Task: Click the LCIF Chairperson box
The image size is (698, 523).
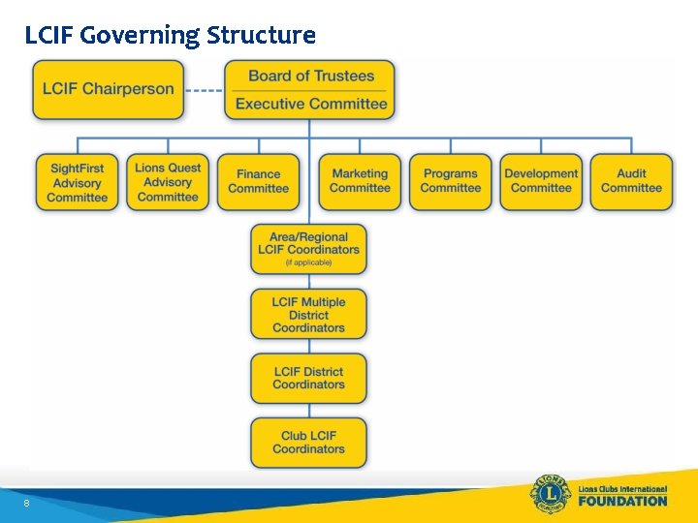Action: coord(108,89)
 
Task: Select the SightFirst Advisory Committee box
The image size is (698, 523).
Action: coord(77,182)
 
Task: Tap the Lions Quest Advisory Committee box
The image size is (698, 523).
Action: coord(168,182)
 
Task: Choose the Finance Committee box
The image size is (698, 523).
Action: coord(258,182)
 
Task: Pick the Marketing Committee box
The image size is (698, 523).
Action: coord(360,182)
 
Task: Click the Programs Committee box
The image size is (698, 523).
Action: coord(450,182)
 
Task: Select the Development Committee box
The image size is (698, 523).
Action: coord(541,182)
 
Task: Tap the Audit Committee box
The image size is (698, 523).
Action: coord(631,182)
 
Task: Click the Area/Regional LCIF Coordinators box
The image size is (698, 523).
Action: coord(308,248)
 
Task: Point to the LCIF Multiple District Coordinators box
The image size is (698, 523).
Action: coord(308,314)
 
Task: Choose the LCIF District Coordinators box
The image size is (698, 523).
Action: coord(308,378)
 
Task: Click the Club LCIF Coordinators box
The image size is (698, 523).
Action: coord(308,443)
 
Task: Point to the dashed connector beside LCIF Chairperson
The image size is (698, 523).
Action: coord(204,90)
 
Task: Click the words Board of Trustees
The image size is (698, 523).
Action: coord(311,76)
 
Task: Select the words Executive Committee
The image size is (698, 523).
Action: coord(311,104)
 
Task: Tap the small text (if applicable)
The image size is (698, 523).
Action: coord(308,262)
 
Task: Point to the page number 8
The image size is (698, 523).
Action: coord(26,504)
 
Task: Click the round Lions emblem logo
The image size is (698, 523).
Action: coord(550,494)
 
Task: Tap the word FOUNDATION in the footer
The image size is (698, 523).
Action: coord(622,501)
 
